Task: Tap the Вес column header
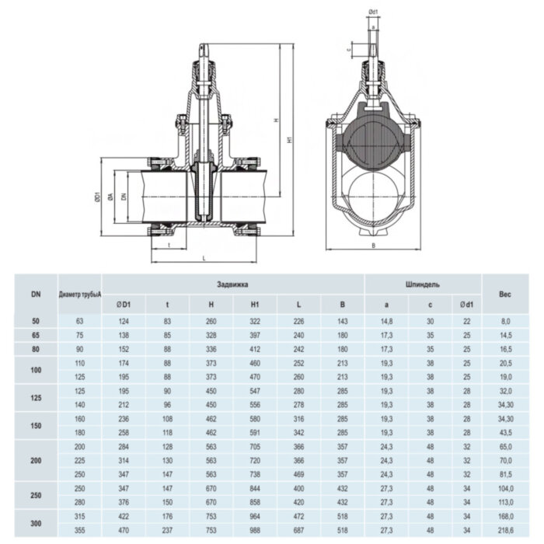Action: (504, 294)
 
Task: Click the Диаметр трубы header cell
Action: (79, 294)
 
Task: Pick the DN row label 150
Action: (36, 426)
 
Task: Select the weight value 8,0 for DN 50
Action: (504, 320)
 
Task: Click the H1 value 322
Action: (254, 320)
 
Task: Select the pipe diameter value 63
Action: (79, 320)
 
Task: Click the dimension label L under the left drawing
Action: (203, 256)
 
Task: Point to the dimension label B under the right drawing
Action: (373, 246)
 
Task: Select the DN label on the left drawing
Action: (124, 199)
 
